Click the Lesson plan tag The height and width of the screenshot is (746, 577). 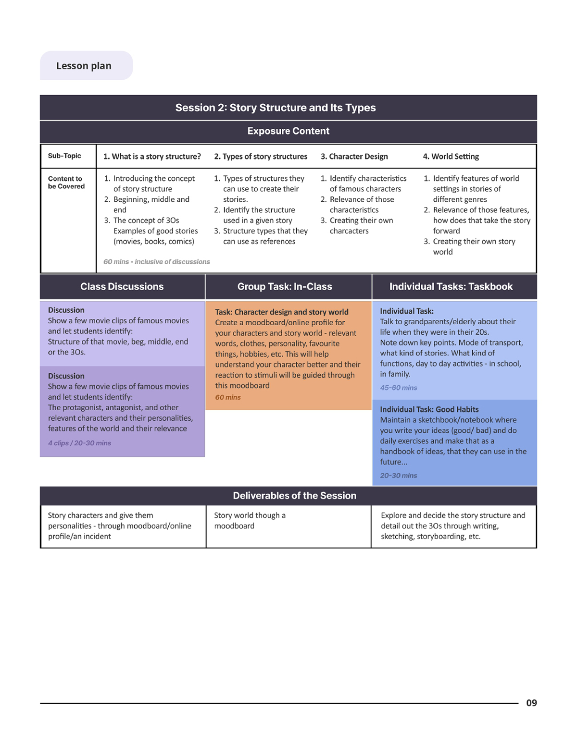(86, 66)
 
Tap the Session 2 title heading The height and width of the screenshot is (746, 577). (275, 108)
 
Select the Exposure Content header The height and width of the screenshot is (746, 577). (288, 131)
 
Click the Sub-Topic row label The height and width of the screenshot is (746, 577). (64, 156)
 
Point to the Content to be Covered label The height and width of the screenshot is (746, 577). (66, 182)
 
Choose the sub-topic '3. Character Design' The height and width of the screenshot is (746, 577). (354, 157)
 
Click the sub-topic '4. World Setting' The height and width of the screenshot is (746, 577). (451, 157)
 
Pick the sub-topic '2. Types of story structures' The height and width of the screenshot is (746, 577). (261, 157)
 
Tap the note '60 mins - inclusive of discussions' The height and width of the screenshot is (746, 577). (156, 262)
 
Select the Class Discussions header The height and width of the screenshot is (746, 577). (122, 287)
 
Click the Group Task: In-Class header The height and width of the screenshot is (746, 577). (285, 287)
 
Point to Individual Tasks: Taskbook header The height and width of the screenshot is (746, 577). (451, 287)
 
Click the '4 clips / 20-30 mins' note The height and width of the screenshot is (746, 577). (79, 443)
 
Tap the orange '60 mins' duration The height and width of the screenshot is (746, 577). (228, 397)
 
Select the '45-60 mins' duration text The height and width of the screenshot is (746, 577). (398, 388)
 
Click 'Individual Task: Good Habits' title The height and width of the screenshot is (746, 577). (429, 409)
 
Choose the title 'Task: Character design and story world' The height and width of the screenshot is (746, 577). (281, 312)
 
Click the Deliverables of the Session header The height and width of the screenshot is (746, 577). (295, 496)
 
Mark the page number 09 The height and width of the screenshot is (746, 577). (531, 703)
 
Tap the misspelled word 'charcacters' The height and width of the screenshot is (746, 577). (349, 231)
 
